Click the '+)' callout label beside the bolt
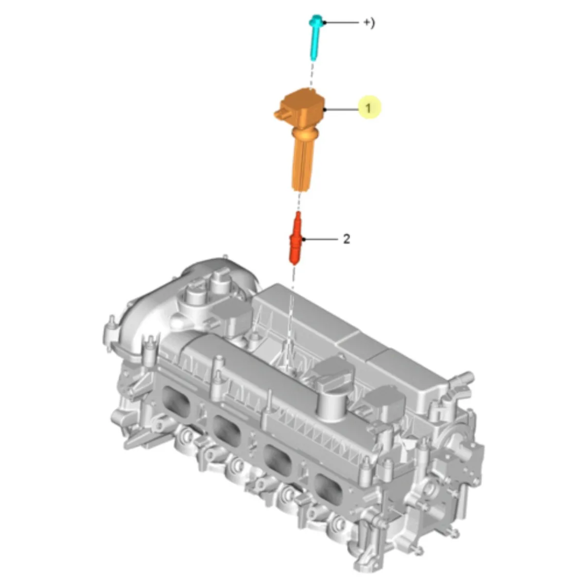(369, 23)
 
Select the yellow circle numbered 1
(369, 107)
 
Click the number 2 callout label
(346, 239)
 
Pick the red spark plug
(296, 238)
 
